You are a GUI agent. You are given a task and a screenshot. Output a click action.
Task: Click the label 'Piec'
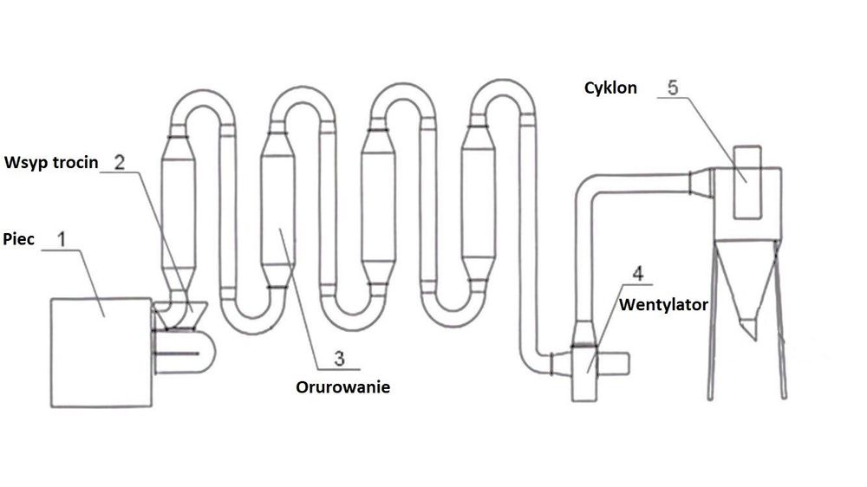(x=18, y=238)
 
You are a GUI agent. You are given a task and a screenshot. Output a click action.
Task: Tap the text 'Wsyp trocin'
(x=51, y=162)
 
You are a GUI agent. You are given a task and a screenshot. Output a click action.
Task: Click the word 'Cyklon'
(x=610, y=88)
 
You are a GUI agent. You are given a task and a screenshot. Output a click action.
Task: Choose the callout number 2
(x=120, y=161)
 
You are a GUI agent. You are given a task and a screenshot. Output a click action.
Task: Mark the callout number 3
(x=339, y=357)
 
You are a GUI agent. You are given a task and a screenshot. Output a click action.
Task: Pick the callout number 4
(x=638, y=275)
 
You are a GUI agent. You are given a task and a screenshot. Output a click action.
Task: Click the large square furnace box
(x=100, y=352)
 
